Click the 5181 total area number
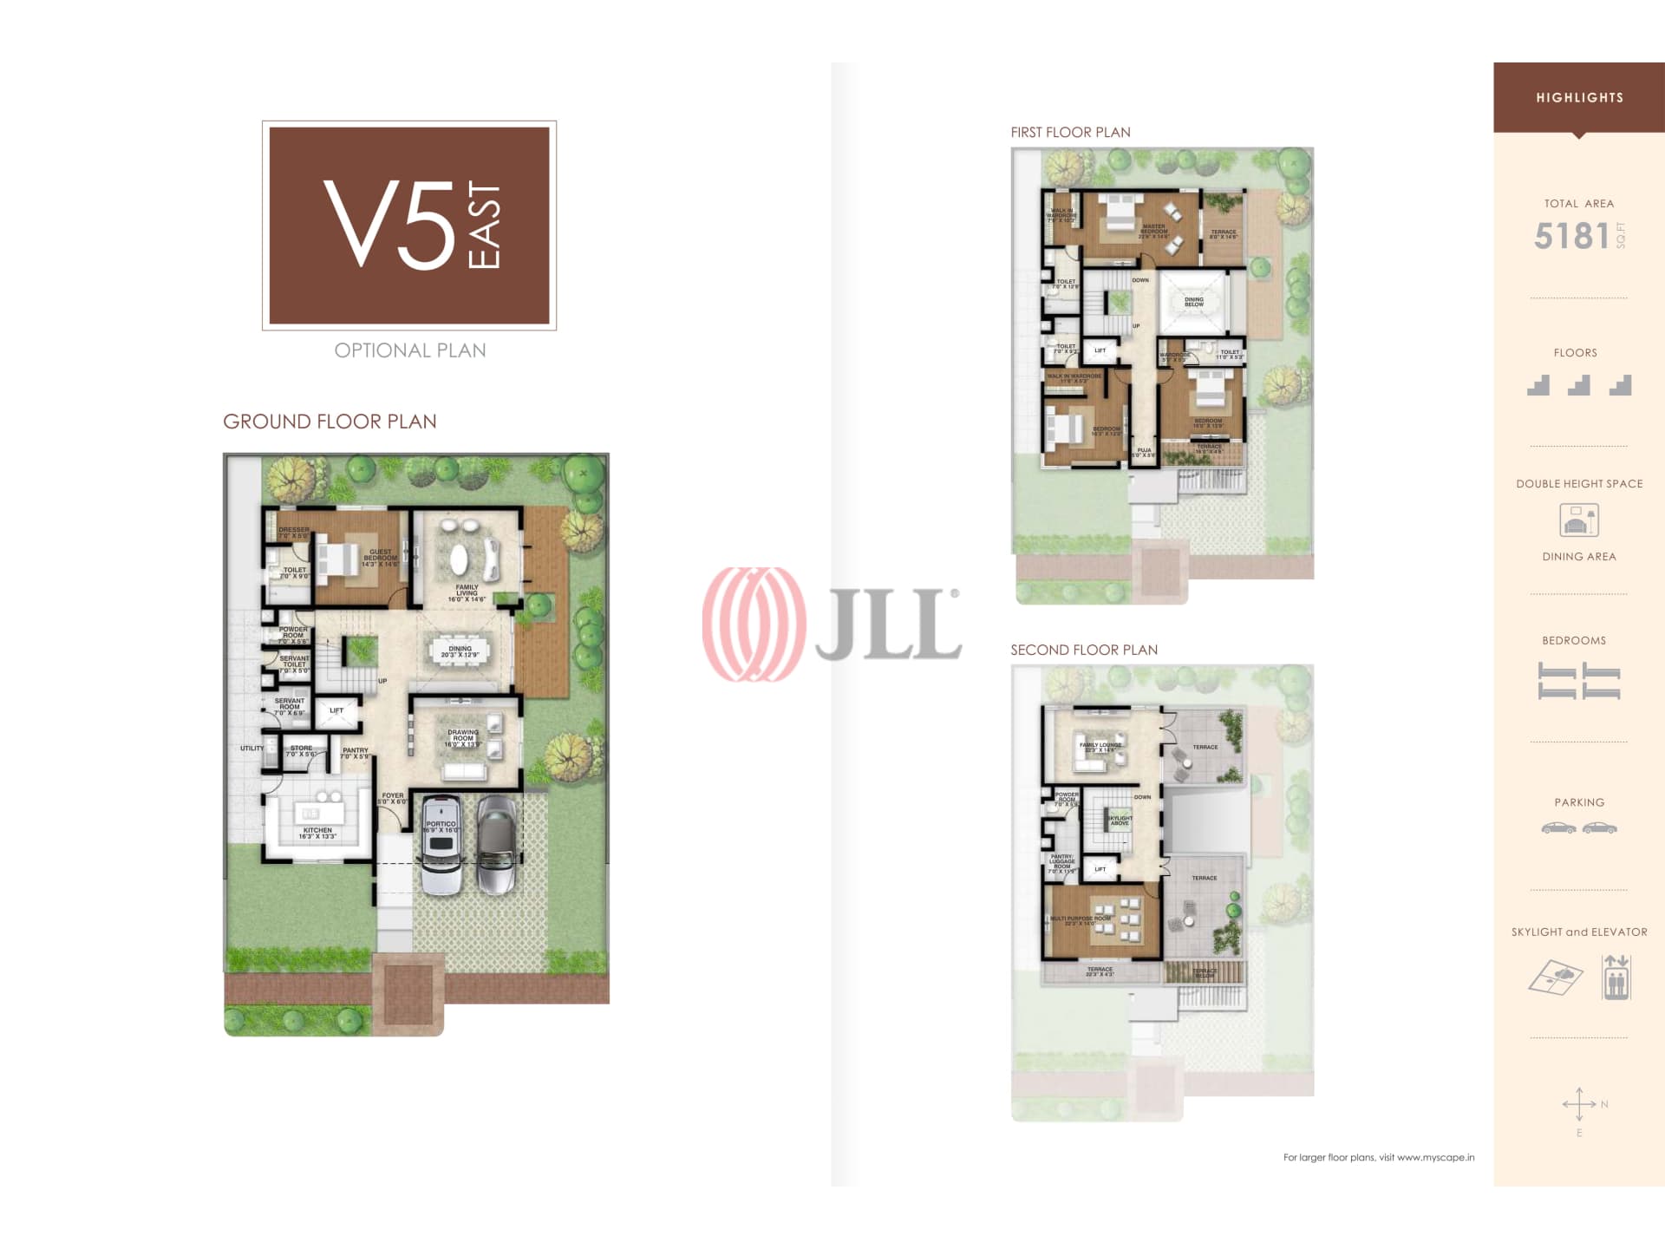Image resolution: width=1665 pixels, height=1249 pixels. (x=1571, y=236)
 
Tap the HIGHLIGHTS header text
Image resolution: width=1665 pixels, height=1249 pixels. (x=1579, y=98)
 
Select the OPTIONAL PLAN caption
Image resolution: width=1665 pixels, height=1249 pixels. (x=410, y=350)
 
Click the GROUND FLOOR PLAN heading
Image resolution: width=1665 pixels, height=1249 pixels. (x=330, y=422)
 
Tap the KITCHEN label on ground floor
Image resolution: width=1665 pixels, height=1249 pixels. (x=317, y=833)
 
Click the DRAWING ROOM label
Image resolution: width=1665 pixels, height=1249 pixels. (x=463, y=738)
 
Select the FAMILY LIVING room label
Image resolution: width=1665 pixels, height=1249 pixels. (x=467, y=593)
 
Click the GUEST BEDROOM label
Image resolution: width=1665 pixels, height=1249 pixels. (x=380, y=558)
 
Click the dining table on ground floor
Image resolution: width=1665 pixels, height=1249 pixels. (x=460, y=651)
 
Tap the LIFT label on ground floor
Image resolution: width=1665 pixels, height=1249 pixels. (x=336, y=710)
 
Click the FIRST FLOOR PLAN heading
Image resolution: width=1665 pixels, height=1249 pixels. (x=1070, y=133)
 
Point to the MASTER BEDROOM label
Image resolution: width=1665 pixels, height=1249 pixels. (x=1153, y=231)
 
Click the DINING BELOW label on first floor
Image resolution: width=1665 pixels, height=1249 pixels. (x=1194, y=302)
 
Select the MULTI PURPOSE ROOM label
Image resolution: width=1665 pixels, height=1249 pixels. (x=1080, y=920)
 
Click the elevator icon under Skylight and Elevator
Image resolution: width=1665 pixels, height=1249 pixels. (x=1616, y=978)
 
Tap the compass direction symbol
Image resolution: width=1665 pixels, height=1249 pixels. (x=1580, y=1105)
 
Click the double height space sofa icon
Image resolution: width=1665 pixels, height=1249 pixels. (x=1578, y=520)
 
